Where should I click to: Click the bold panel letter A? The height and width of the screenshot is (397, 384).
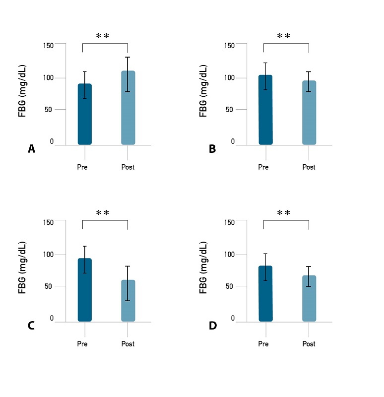click(x=31, y=149)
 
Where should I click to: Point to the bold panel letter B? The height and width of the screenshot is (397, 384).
click(x=212, y=149)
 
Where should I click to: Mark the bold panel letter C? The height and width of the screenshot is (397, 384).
click(x=31, y=326)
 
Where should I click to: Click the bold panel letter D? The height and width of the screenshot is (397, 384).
click(x=212, y=326)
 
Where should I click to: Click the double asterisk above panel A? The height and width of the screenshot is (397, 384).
click(x=103, y=36)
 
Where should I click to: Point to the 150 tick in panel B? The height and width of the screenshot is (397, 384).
click(x=229, y=46)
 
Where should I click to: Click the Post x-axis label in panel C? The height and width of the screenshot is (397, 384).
click(x=128, y=344)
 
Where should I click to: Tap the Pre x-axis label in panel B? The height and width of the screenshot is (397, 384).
click(x=263, y=167)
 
